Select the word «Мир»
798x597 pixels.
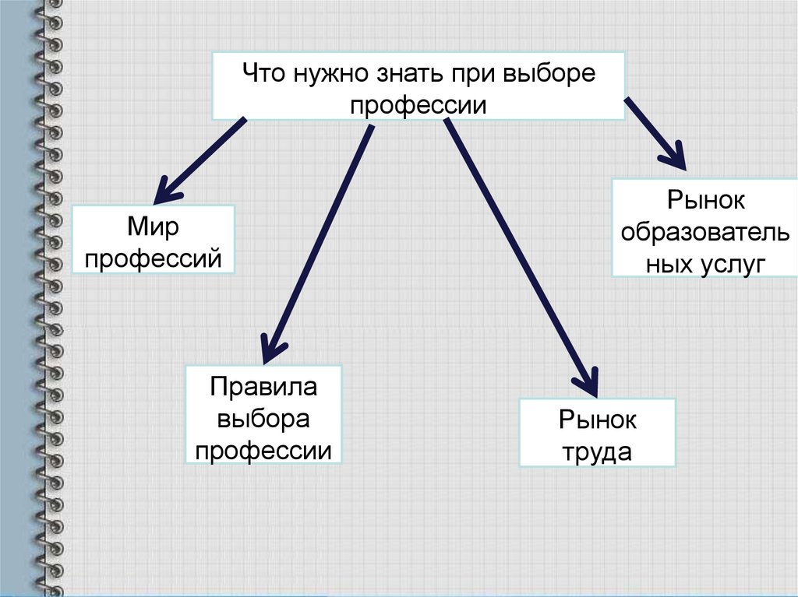pos(153,227)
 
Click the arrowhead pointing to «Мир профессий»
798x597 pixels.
pos(165,189)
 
